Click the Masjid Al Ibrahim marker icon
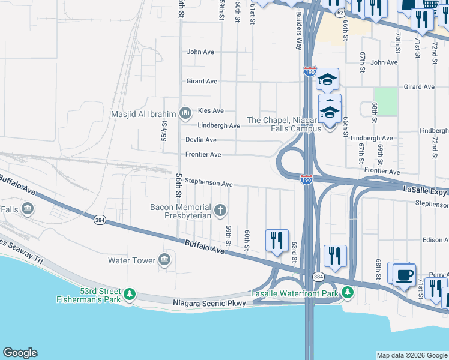pyautogui.click(x=185, y=113)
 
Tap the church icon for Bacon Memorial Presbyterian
pyautogui.click(x=221, y=210)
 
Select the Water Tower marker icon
pyautogui.click(x=165, y=260)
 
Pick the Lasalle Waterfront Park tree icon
pyautogui.click(x=347, y=292)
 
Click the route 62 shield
pyautogui.click(x=340, y=12)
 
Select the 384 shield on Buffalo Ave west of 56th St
pyautogui.click(x=100, y=221)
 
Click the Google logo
pyautogui.click(x=20, y=353)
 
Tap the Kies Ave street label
pyautogui.click(x=211, y=111)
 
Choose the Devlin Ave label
pyautogui.click(x=201, y=140)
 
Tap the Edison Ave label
pyautogui.click(x=435, y=239)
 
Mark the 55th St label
pyautogui.click(x=164, y=127)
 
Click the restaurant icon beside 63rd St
pyautogui.click(x=277, y=241)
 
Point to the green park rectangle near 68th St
pyautogui.click(x=386, y=101)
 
